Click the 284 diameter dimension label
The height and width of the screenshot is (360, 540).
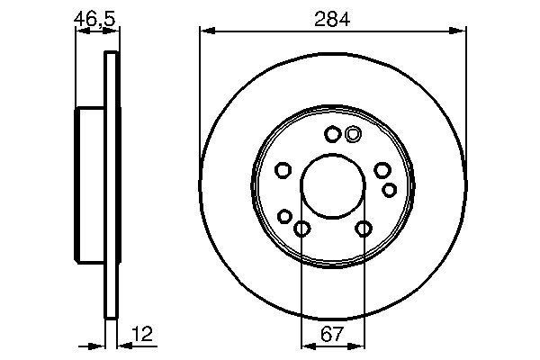point(332,17)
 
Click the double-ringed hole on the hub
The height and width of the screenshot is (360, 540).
point(352,135)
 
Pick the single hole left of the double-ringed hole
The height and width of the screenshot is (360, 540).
point(331,135)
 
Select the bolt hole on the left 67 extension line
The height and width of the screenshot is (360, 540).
point(301,229)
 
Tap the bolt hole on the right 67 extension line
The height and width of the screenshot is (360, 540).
point(363,229)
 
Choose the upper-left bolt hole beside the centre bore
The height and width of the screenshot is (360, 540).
point(282,170)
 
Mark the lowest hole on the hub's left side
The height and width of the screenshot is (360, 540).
point(285,216)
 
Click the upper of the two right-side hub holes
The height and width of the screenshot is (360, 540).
point(382,171)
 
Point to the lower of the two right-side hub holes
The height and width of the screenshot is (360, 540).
point(390,189)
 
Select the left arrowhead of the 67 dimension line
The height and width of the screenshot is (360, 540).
point(306,345)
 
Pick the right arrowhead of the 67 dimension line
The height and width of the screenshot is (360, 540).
point(358,345)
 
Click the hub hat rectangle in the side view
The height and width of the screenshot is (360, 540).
point(90,184)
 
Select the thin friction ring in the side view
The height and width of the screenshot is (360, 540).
point(112,184)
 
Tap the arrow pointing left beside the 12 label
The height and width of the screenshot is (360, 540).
point(124,345)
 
